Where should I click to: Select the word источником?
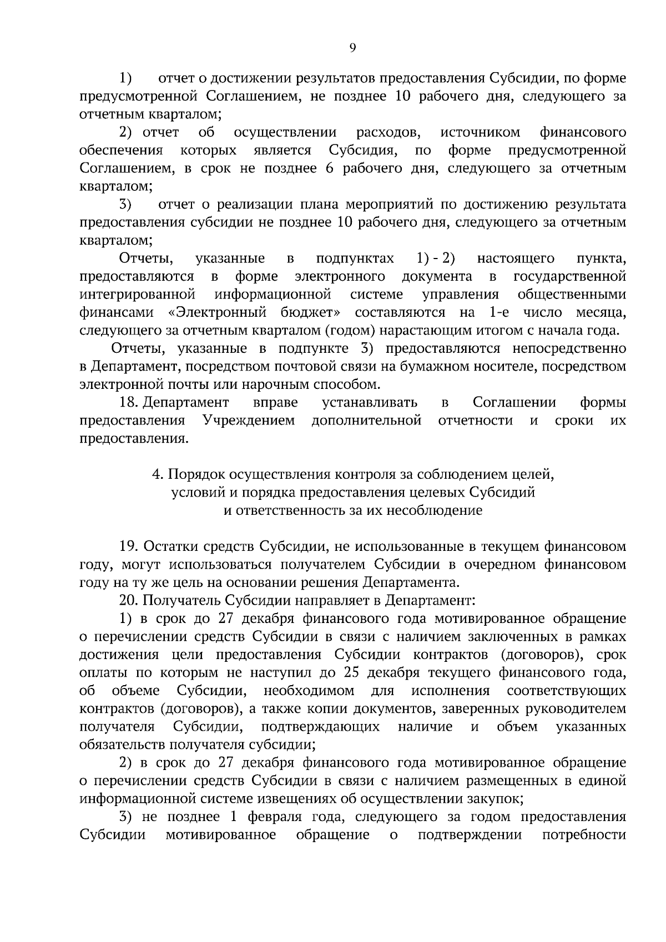tap(480, 133)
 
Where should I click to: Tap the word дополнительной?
tap(367, 421)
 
